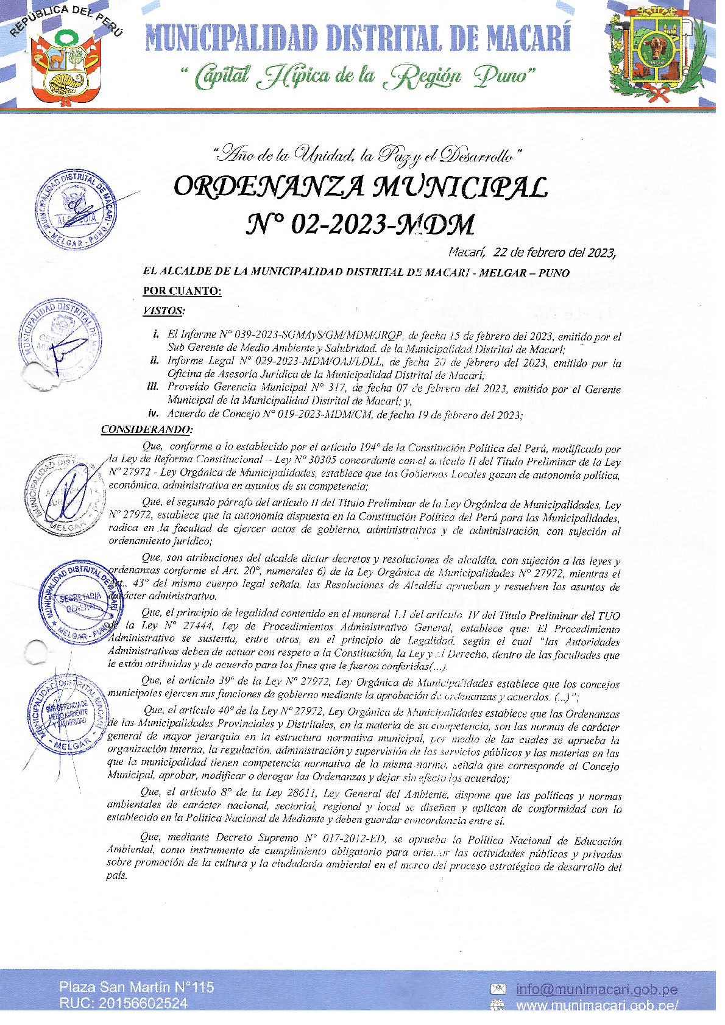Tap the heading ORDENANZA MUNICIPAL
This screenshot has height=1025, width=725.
(x=361, y=187)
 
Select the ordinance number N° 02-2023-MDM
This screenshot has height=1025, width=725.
(x=361, y=224)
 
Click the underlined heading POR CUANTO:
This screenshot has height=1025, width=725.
(x=182, y=291)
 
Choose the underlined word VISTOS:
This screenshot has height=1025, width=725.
(x=164, y=311)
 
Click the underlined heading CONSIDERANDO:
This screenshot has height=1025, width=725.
(x=146, y=429)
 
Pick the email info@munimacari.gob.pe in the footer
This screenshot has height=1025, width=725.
(x=596, y=990)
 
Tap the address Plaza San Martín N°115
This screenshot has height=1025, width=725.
(x=136, y=987)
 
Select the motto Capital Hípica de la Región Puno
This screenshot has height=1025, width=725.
(x=358, y=76)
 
